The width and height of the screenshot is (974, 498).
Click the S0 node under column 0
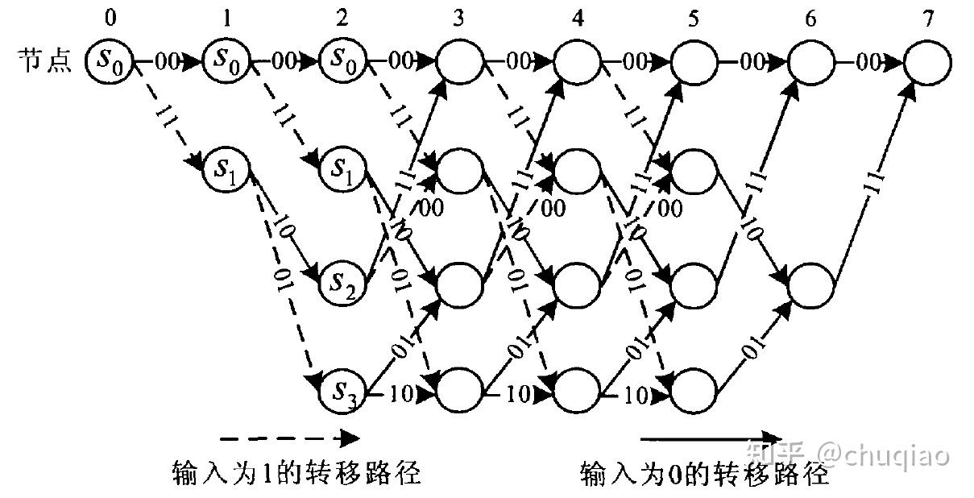click(110, 60)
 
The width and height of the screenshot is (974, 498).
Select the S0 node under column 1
click(227, 60)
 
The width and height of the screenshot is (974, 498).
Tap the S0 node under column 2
click(344, 60)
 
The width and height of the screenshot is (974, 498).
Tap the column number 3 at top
click(458, 16)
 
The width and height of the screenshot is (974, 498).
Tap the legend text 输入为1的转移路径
click(297, 472)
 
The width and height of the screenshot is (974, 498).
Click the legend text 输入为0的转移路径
click(704, 472)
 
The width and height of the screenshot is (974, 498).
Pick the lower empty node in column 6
click(810, 282)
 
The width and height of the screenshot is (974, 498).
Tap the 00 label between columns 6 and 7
click(868, 62)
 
